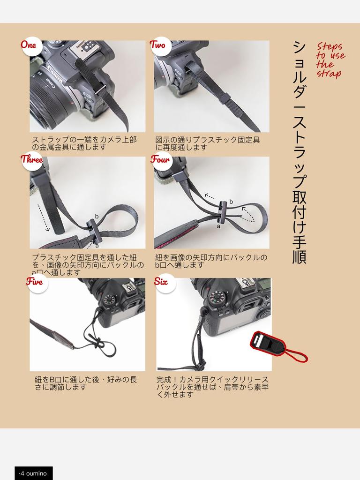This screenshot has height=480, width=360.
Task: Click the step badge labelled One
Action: click(x=29, y=45)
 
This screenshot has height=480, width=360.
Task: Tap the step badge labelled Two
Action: click(x=157, y=45)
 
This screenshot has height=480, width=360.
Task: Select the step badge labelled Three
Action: click(x=31, y=159)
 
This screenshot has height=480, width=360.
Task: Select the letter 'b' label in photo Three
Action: click(x=97, y=216)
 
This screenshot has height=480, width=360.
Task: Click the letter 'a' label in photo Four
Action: click(x=218, y=226)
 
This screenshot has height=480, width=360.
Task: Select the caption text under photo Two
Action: click(x=208, y=143)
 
